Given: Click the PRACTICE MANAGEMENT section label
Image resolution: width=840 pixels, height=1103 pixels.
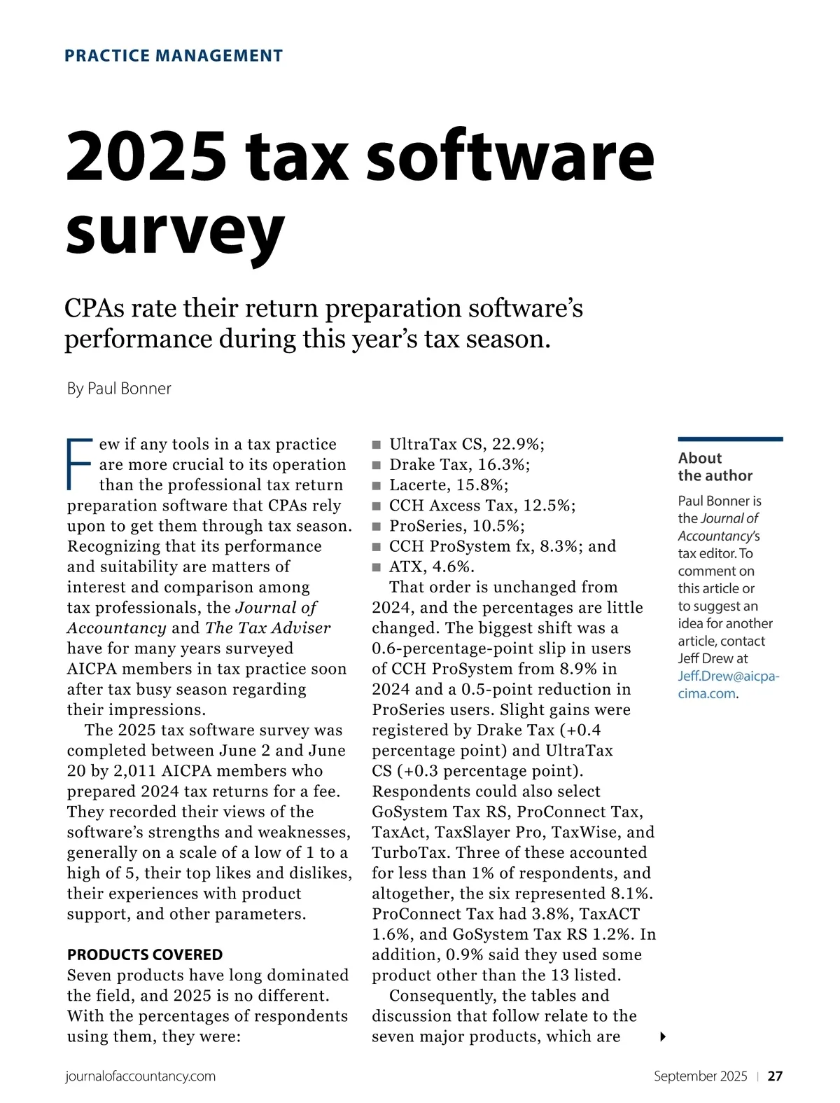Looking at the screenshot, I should tap(174, 56).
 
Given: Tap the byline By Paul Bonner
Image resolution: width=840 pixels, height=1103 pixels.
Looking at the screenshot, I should tap(119, 389).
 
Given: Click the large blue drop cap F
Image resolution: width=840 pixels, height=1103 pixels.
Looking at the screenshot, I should tap(79, 464).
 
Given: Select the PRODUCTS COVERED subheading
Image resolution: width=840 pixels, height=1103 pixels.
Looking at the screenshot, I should tap(145, 955).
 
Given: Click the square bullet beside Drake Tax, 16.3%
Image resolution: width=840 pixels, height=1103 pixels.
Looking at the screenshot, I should tap(377, 465).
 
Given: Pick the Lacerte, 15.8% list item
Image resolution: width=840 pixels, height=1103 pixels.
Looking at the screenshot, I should tap(449, 485).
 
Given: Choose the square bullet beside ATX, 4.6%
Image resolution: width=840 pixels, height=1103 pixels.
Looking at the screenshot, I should tap(377, 567).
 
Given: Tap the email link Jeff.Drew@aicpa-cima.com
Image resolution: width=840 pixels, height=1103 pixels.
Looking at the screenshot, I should tap(728, 685).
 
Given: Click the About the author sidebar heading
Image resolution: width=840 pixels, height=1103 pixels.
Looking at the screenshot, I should tap(715, 467).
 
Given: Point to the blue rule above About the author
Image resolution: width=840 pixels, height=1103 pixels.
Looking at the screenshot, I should tap(730, 439).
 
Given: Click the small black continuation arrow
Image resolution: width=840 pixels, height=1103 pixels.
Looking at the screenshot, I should tap(662, 1036).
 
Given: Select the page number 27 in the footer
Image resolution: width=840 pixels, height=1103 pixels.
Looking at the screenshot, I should tap(775, 1076).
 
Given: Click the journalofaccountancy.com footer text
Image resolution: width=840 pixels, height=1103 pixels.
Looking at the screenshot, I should tap(140, 1076).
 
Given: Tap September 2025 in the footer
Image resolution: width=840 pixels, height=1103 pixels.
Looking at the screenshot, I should tap(700, 1076).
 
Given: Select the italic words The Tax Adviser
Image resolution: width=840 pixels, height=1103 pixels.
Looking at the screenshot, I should tap(268, 628).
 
